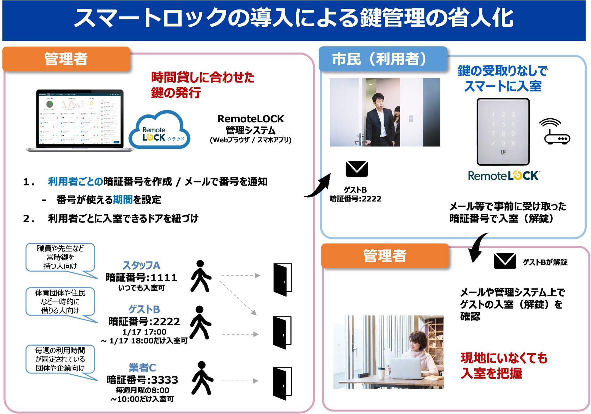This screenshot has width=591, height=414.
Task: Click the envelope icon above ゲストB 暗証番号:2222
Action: [x=356, y=169]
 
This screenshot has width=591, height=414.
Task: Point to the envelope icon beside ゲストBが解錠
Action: [x=505, y=261]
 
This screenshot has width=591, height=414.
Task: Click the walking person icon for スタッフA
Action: [x=200, y=276]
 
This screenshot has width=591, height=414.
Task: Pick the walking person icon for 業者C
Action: [x=201, y=378]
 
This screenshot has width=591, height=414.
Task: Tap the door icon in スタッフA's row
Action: [x=282, y=279]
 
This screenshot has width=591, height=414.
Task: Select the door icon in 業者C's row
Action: [x=282, y=383]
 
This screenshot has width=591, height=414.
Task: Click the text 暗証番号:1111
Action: [x=141, y=278]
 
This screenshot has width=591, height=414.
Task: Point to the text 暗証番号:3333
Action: [x=142, y=380]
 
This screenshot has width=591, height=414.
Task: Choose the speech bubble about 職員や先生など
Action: [x=60, y=257]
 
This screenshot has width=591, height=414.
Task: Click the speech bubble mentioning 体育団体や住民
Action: [x=60, y=302]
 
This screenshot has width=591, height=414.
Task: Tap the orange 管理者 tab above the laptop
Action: [x=66, y=59]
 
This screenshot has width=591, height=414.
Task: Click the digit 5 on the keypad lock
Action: [x=503, y=124]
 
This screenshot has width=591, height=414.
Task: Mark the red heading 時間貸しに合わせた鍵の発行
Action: [x=202, y=85]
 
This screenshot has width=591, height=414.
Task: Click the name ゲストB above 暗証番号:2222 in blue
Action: [x=144, y=309]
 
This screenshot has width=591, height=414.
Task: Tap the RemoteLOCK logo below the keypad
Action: [x=503, y=176]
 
